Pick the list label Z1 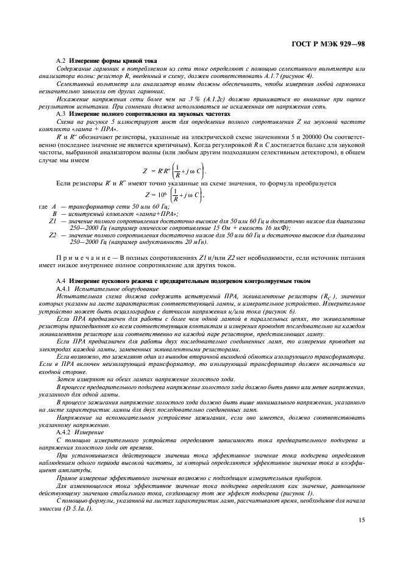52,221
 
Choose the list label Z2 52,234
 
